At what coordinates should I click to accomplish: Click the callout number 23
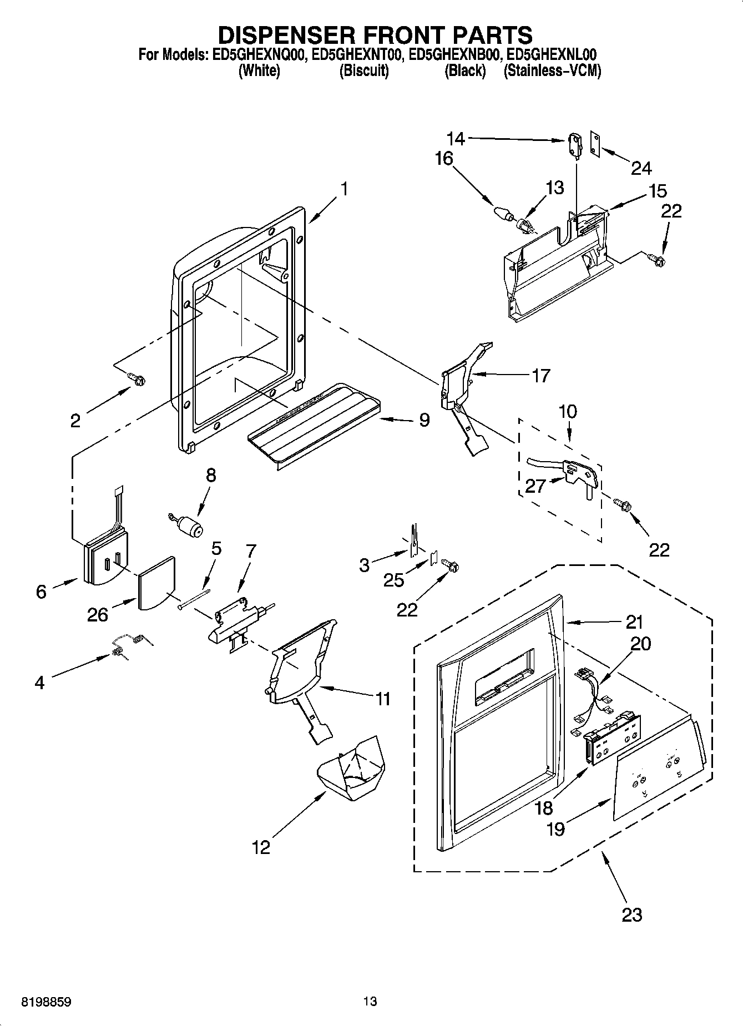[631, 913]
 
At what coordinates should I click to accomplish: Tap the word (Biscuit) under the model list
[363, 71]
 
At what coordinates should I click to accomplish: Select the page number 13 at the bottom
[370, 1002]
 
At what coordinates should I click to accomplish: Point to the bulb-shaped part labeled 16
[502, 213]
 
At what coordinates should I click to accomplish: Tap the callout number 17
[540, 376]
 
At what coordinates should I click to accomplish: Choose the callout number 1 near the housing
[344, 189]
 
